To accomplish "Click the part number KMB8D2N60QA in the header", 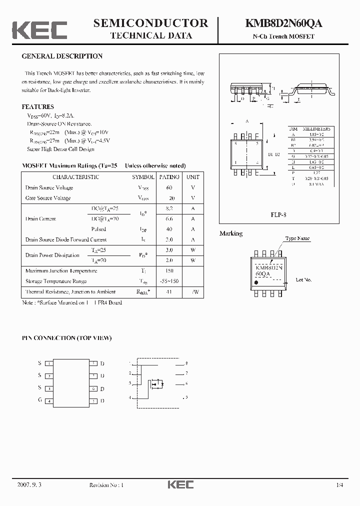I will (x=283, y=23).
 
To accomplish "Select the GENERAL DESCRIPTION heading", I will (x=62, y=56).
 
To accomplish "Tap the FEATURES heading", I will (x=37, y=107).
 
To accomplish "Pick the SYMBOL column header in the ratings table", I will (x=143, y=177).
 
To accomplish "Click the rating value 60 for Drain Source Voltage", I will (x=169, y=188).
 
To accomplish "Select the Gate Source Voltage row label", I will (x=48, y=198).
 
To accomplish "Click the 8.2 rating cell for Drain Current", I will (x=169, y=208).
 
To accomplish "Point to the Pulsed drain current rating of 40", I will (x=169, y=229).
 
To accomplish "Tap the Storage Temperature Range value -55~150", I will (x=169, y=281).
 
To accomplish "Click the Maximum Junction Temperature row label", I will (x=61, y=271).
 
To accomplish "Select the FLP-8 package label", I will (x=278, y=214).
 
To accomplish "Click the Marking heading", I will (x=231, y=233).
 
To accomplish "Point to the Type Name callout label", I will (x=297, y=239).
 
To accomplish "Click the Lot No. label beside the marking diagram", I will (x=303, y=280).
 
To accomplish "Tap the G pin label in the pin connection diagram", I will (x=39, y=400).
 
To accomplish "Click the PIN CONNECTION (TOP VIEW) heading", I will (x=66, y=338).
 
